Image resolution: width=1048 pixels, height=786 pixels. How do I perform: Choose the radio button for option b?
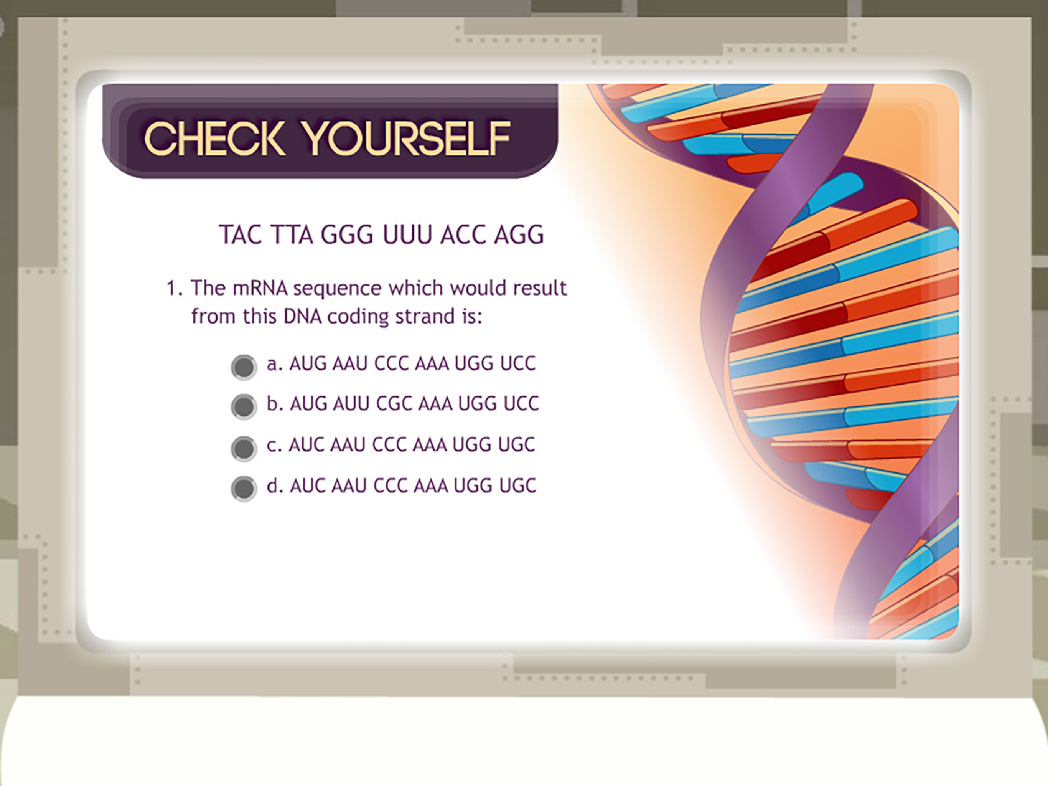point(244,406)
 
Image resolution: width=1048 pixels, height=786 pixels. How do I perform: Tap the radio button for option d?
point(244,488)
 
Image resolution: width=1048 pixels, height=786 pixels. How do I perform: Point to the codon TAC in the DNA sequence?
point(240,234)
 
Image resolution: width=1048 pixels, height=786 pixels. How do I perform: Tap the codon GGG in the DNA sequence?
point(347,234)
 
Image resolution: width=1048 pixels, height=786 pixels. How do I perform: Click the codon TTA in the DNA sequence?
point(292,234)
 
